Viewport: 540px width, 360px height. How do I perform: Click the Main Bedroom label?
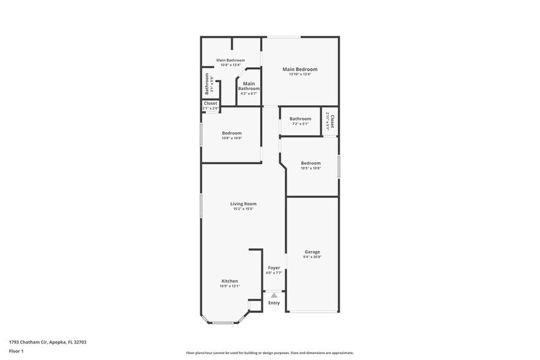(299, 69)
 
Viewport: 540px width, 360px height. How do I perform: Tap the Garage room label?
(312, 252)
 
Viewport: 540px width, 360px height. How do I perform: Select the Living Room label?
(243, 204)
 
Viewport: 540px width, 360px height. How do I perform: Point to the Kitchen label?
(230, 281)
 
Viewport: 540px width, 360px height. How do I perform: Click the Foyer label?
(274, 268)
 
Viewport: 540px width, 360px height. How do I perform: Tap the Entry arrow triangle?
(274, 295)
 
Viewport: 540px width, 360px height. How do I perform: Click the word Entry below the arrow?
(274, 303)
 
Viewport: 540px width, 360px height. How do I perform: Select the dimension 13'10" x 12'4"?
(299, 75)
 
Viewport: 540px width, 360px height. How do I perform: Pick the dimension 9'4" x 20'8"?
(312, 257)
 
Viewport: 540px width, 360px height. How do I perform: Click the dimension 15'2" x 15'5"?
(243, 209)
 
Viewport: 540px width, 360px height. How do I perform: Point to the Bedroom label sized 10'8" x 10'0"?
(231, 133)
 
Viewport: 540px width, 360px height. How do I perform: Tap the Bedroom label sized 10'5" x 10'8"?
(310, 163)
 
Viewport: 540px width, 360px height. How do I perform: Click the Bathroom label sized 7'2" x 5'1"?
(300, 119)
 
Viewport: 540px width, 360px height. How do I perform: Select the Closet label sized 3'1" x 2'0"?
(210, 103)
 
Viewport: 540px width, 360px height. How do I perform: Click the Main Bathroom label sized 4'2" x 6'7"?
(249, 86)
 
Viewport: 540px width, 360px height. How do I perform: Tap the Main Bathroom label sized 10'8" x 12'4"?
(231, 60)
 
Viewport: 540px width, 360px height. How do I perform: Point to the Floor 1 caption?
(16, 351)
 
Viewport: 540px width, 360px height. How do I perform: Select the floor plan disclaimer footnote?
(269, 353)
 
